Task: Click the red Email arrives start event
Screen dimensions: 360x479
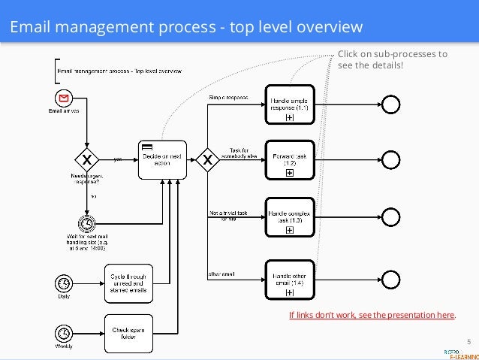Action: click(x=65, y=98)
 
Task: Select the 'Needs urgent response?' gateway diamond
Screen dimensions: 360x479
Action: click(x=87, y=159)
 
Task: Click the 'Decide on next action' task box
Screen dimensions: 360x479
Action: click(x=161, y=159)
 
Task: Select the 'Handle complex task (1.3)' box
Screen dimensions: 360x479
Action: click(x=289, y=218)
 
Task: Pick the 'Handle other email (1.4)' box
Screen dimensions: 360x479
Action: click(x=289, y=280)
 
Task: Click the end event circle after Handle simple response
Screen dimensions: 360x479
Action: click(x=390, y=104)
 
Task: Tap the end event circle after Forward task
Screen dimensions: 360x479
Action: click(x=390, y=159)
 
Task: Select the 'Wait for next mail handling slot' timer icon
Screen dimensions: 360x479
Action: click(x=87, y=225)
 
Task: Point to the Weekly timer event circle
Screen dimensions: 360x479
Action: click(x=65, y=332)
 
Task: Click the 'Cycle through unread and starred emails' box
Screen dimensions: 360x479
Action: click(x=128, y=283)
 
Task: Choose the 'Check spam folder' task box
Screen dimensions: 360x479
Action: click(x=128, y=332)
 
